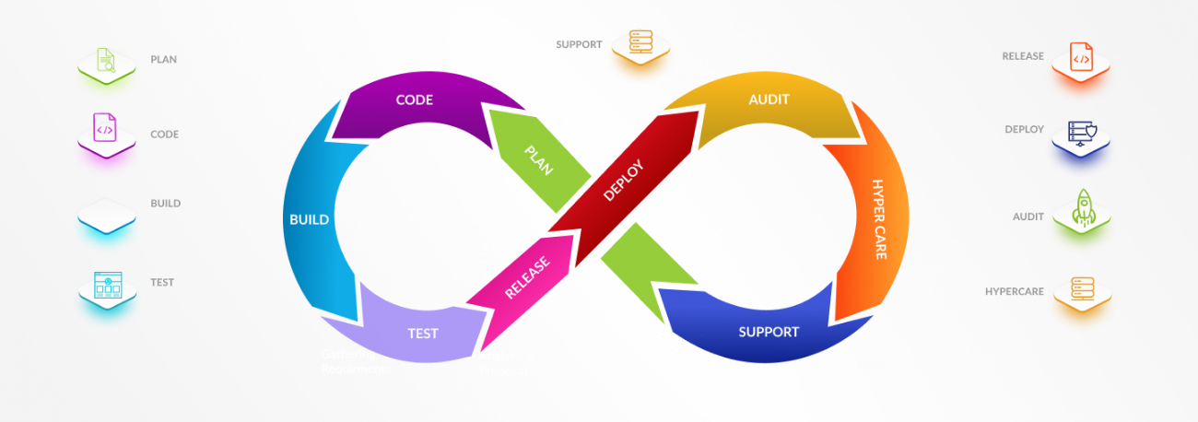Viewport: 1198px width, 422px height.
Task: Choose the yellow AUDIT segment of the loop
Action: click(x=769, y=100)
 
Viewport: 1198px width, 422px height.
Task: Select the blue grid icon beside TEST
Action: click(x=107, y=286)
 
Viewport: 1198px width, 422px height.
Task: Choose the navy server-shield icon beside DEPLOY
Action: click(x=1080, y=133)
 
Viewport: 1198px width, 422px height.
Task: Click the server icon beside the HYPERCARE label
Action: click(x=1080, y=289)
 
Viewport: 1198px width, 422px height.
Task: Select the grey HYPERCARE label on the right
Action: click(x=1014, y=291)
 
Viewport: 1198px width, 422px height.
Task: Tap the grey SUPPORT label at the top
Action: click(x=579, y=44)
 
